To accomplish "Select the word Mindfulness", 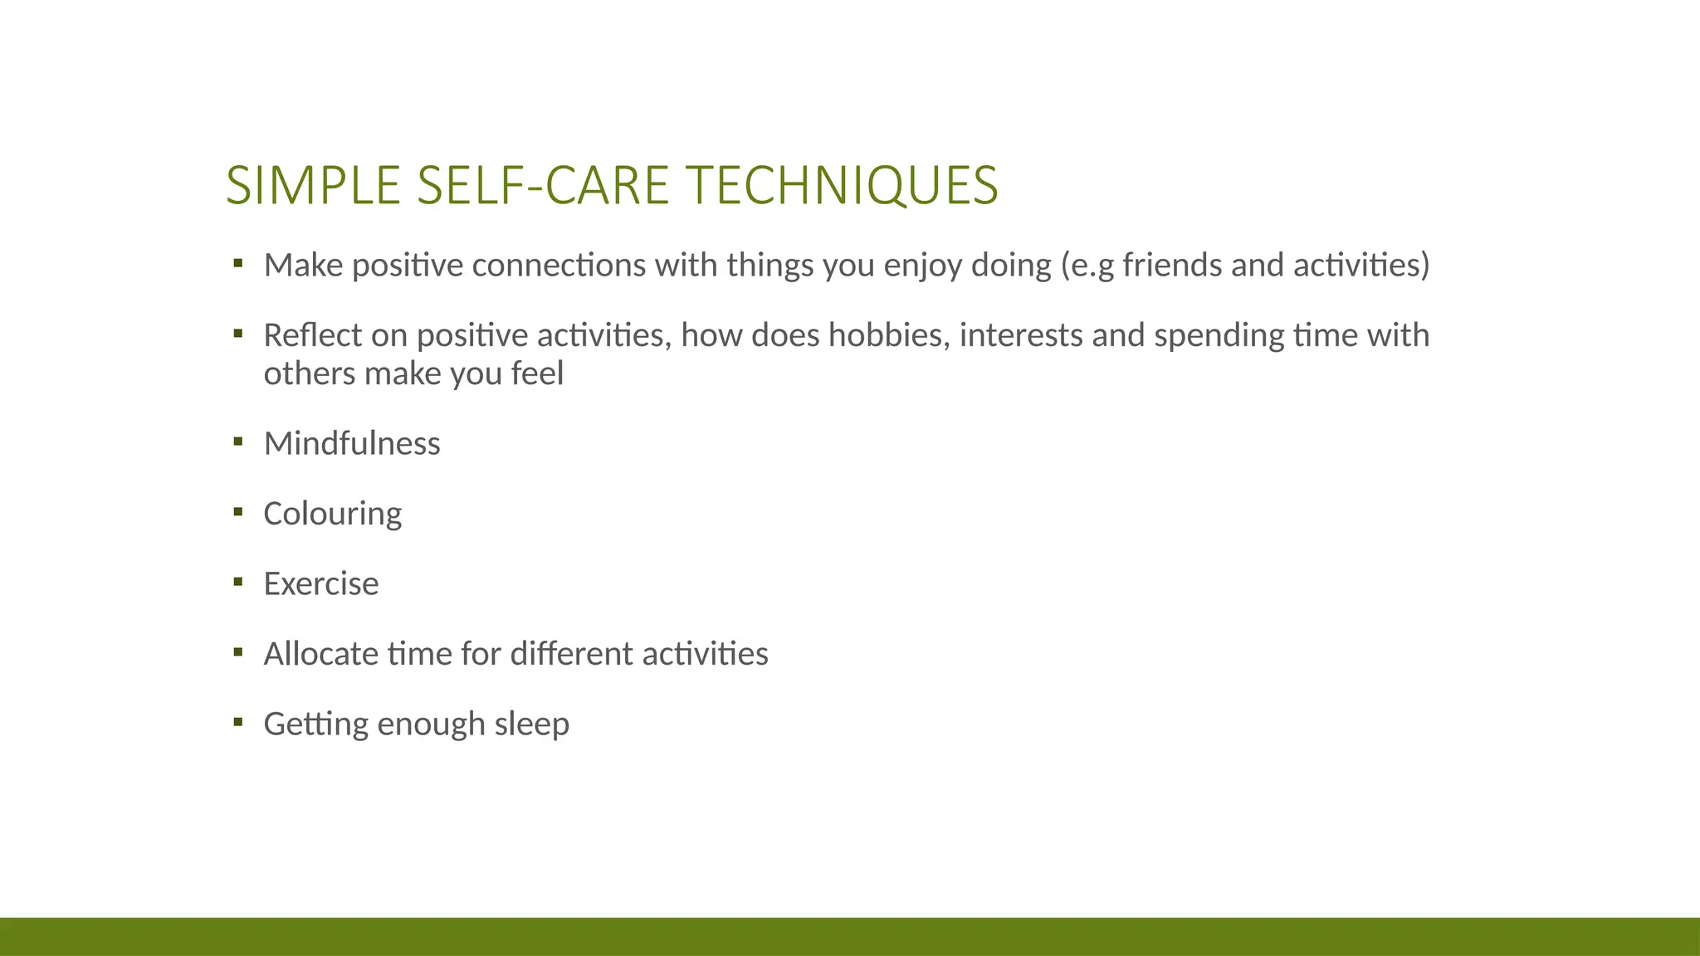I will pos(352,444).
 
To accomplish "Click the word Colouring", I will pos(332,515).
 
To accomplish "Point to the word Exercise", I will pos(320,584).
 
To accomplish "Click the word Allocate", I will pos(320,654).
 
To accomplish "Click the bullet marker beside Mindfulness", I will pos(238,441).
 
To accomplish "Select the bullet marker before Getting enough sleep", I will pos(238,722).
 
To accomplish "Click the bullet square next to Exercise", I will pos(238,582).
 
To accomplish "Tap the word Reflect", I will pos(312,336).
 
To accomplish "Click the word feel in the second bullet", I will pos(537,374).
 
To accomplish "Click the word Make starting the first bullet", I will pos(303,266).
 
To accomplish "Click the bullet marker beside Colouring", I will pos(238,512).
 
